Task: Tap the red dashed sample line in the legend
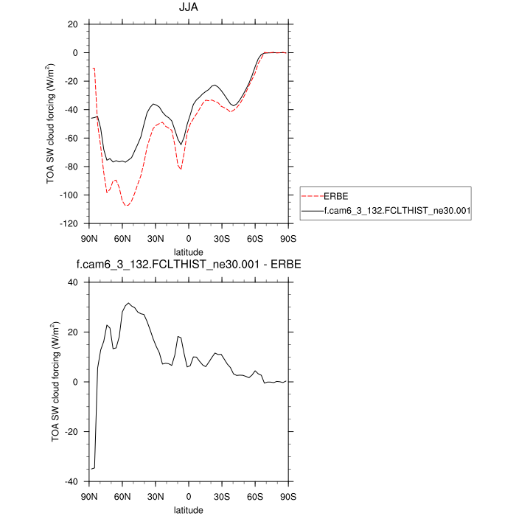pos(312,197)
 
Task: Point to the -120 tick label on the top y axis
pos(69,223)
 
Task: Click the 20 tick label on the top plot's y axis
pos(73,24)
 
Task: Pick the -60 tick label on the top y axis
pos(71,138)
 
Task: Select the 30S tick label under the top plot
pos(222,238)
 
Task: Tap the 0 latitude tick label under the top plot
pos(189,238)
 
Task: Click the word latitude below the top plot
pos(189,252)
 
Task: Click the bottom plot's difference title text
pos(189,264)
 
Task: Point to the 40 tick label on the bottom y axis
pos(73,282)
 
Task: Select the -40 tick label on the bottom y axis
pos(71,481)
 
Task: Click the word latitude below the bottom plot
pos(189,509)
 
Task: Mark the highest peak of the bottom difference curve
pos(128,303)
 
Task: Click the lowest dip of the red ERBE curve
pos(127,206)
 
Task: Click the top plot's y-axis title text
pos(51,123)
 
